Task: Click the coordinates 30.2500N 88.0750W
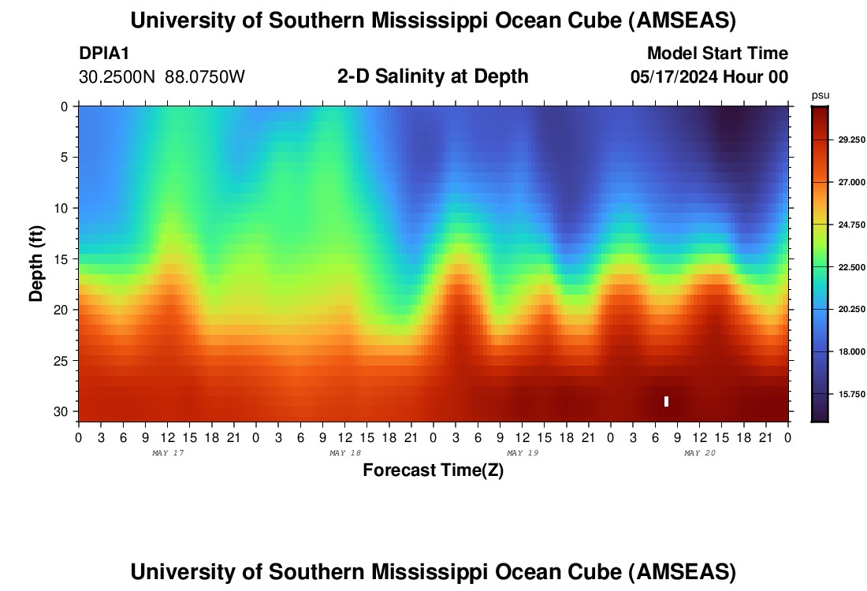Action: [x=162, y=77]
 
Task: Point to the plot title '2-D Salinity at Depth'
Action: [x=433, y=76]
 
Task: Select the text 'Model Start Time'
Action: [x=717, y=54]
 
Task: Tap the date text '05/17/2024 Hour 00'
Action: [x=709, y=77]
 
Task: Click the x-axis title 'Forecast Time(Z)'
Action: [x=433, y=470]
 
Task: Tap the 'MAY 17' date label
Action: [x=167, y=453]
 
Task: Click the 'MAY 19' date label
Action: [x=522, y=453]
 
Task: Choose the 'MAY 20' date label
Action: [x=699, y=453]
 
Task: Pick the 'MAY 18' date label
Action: [x=344, y=453]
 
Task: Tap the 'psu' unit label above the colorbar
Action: [x=820, y=95]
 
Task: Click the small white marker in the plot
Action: [x=666, y=401]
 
